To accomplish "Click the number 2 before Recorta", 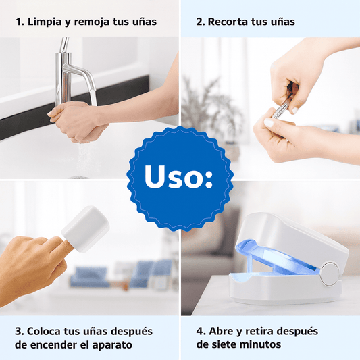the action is point(199,22).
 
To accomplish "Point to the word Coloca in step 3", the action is point(44,332).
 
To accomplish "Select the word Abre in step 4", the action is point(222,331).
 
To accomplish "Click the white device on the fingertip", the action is point(86,222).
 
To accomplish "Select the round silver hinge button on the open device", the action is point(330,274).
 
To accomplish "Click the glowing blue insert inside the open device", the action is point(276,258).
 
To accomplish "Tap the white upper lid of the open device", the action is point(292,239).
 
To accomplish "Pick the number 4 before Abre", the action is point(200,331).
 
